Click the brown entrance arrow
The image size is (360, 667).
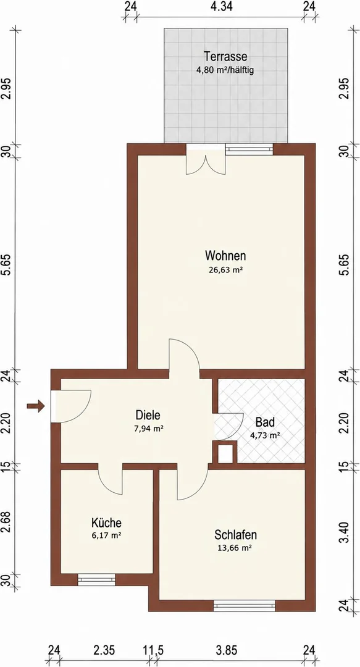36,406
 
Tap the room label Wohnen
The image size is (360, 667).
225,256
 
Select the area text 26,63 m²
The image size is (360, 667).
225,269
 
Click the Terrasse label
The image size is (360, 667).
225,56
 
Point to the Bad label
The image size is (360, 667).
265,422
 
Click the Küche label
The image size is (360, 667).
106,522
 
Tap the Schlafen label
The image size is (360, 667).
236,535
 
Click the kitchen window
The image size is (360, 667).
96,580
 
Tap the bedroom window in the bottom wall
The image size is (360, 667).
245,606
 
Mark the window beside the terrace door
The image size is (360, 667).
249,149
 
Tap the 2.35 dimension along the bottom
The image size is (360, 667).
104,650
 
